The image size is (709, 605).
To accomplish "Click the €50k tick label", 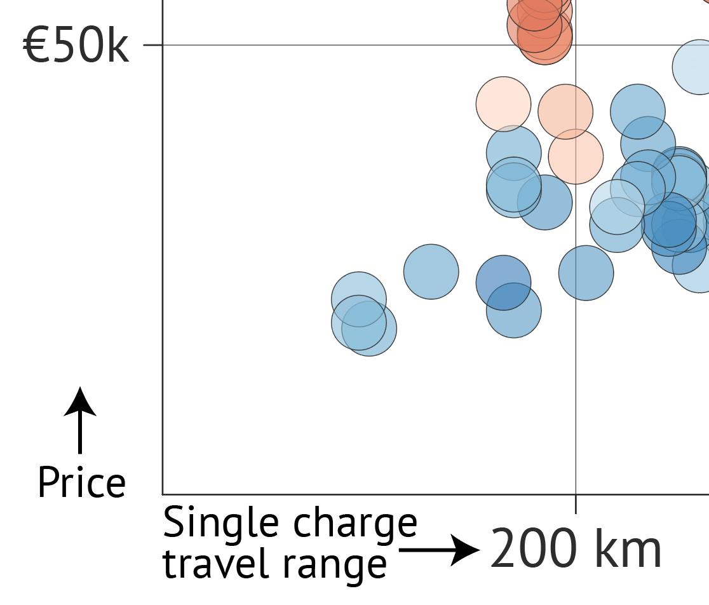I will [x=76, y=47].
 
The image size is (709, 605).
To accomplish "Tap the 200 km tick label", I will [x=576, y=550].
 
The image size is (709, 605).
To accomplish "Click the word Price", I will [x=81, y=483].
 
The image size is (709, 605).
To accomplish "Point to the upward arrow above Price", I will [x=80, y=419].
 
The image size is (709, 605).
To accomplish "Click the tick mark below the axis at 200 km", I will [x=576, y=503].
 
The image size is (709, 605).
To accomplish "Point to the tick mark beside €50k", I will [x=152, y=45].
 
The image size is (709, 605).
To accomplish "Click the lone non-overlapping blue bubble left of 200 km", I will [x=431, y=271].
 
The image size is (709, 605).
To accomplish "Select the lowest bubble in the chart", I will [x=369, y=329].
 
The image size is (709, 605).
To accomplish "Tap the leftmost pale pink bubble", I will [x=503, y=104].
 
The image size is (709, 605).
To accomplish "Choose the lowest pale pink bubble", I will [x=576, y=156].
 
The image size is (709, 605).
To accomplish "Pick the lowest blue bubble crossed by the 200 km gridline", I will [x=586, y=273].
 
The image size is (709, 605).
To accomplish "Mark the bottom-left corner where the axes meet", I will [x=163, y=494].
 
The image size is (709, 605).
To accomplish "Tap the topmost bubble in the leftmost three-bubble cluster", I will [x=359, y=299].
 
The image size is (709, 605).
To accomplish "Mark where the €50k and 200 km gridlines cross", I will [x=576, y=45].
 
